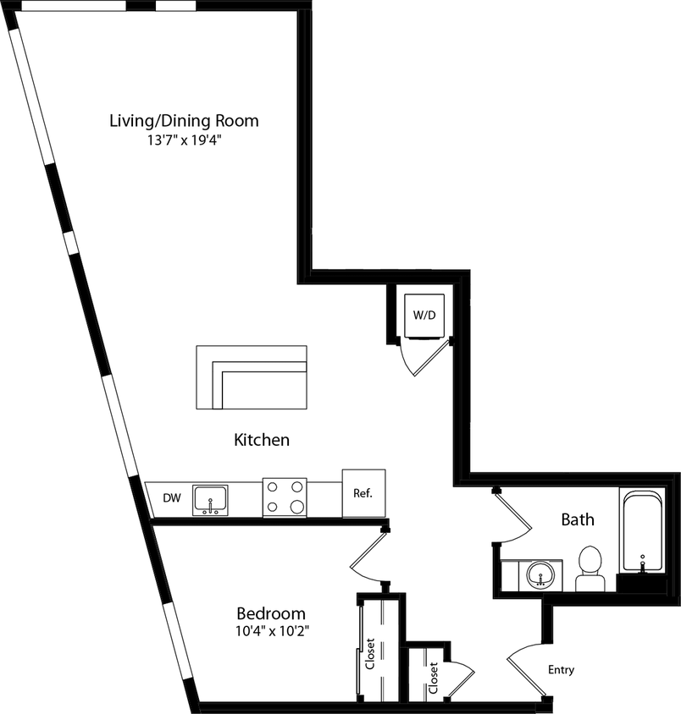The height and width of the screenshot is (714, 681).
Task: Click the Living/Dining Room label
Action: pos(184,120)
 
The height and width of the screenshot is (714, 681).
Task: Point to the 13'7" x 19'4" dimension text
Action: pos(184,140)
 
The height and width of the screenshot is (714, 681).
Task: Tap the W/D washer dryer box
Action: pos(424,315)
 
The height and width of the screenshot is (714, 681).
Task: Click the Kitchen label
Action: pos(262,440)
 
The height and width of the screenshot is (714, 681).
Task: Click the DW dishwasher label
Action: pos(172,498)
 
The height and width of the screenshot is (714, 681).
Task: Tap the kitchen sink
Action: pos(209,500)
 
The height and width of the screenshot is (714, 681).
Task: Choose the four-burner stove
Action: pos(285,497)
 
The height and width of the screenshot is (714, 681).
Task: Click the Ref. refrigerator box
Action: pos(363,492)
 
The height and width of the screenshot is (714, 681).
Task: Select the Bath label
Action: pos(578,519)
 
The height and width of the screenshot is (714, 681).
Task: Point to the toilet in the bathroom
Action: pos(590,568)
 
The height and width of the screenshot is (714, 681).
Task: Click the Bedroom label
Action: pos(271,613)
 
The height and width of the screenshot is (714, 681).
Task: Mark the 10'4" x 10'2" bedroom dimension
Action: pos(271,632)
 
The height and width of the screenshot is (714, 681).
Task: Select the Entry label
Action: pos(561,670)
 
